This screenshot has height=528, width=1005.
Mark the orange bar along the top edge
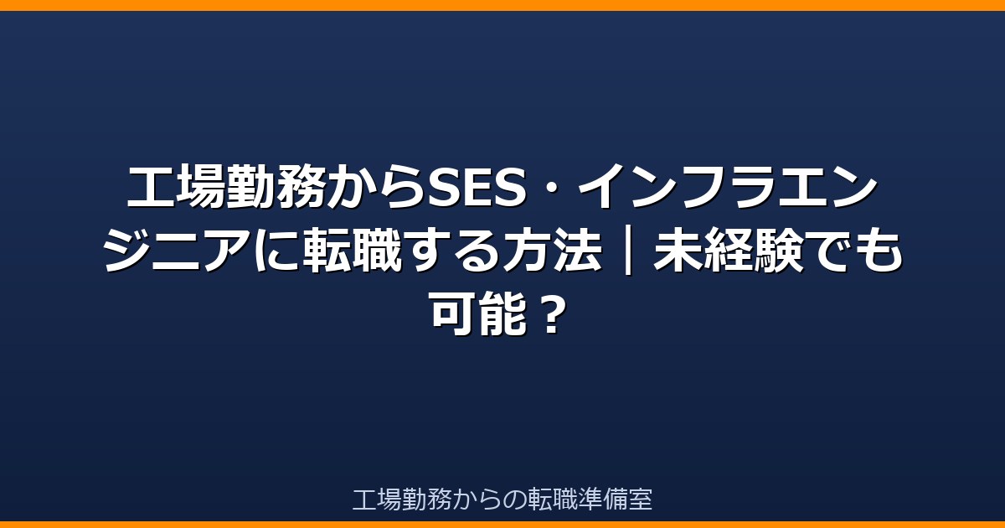click(x=502, y=5)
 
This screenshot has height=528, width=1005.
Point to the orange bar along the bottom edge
click(x=502, y=525)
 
